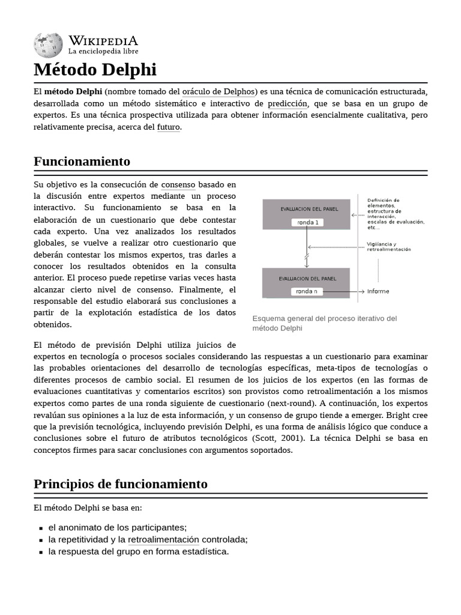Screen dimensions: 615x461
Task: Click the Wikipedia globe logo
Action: (47, 44)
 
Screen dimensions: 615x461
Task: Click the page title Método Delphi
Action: (95, 70)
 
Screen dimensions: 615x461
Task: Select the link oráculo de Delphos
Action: (219, 91)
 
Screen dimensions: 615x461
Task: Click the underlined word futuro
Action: (168, 127)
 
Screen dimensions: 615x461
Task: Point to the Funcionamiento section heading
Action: (82, 162)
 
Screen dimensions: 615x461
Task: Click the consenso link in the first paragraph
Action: (178, 184)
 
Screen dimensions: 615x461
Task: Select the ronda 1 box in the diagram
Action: (307, 222)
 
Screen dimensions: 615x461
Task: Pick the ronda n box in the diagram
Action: (307, 291)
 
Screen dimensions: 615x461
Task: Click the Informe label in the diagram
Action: (378, 291)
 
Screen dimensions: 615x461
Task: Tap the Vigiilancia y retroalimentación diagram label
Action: (389, 247)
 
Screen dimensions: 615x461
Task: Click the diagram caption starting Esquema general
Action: (324, 323)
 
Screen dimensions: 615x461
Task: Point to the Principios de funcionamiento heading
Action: (121, 484)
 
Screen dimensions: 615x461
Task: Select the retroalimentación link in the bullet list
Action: (163, 539)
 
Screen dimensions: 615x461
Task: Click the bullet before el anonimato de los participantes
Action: (41, 528)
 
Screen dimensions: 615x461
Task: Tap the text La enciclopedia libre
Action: (103, 52)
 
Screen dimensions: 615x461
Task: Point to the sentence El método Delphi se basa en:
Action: (88, 508)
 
